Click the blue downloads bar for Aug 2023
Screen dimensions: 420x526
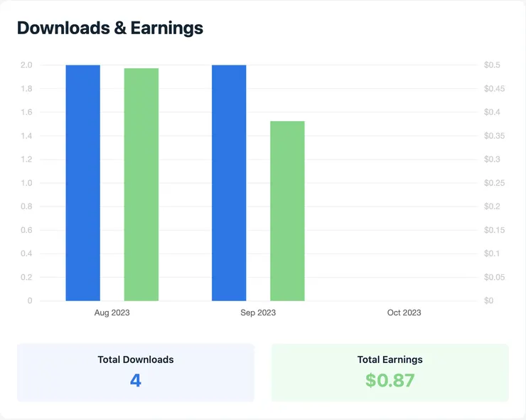coord(82,183)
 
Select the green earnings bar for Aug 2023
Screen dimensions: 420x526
coord(141,184)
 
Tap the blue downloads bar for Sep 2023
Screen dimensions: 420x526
coord(229,183)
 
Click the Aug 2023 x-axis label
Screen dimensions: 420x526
coord(112,313)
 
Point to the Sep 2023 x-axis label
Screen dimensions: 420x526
coord(258,313)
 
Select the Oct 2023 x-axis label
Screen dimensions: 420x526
coord(404,313)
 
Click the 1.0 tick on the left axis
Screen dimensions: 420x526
coord(26,183)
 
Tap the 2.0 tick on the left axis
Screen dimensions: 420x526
coord(26,65)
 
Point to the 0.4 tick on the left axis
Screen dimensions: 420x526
coord(26,253)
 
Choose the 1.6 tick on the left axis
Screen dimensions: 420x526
coord(26,112)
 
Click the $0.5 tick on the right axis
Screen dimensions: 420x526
coord(492,65)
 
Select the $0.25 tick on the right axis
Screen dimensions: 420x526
coord(494,183)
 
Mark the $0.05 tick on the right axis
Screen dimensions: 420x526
coord(494,277)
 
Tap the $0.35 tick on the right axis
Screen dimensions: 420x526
coord(494,136)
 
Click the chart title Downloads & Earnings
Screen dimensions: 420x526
coord(110,28)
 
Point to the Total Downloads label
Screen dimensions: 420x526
coord(135,359)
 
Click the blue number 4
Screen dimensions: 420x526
coord(135,380)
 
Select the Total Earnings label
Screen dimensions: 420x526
coord(390,359)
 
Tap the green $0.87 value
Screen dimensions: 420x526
coord(390,380)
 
